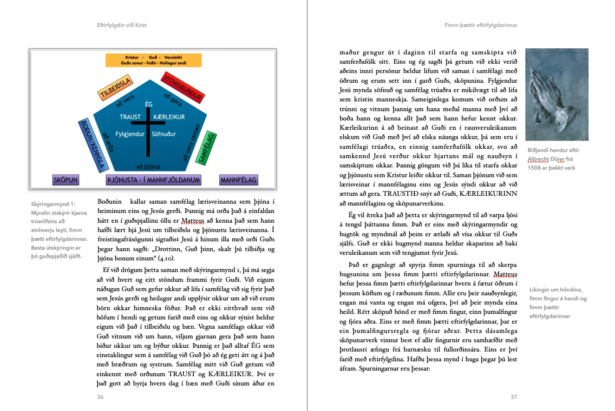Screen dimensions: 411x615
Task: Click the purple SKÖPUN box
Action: (x=65, y=180)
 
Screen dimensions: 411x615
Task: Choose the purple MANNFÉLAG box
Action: (x=238, y=180)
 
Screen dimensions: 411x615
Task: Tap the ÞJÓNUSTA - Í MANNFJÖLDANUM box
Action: (x=153, y=180)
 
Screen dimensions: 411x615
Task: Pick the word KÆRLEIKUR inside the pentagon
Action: (x=169, y=117)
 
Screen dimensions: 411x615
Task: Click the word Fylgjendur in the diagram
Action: (x=131, y=134)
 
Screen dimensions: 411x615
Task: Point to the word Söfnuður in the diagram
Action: (x=164, y=134)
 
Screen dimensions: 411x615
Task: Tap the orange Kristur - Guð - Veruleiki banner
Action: (x=153, y=60)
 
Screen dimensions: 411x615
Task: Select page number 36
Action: (x=100, y=397)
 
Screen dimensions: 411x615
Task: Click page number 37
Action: (x=513, y=397)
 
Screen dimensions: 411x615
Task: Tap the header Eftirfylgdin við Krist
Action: (x=122, y=25)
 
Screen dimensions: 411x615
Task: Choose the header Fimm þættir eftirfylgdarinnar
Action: (x=481, y=25)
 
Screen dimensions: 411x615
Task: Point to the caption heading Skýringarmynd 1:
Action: (x=52, y=204)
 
